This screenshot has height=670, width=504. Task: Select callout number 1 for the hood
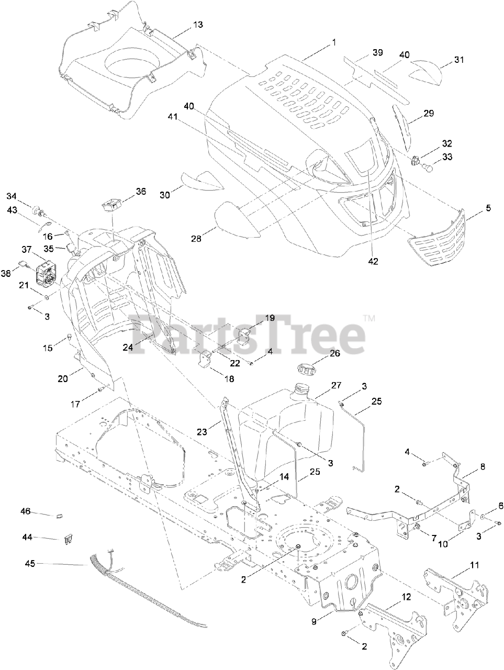333,42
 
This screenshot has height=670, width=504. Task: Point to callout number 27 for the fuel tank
335,386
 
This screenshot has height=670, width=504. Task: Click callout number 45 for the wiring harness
30,563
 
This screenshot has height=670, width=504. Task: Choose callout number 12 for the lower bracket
406,597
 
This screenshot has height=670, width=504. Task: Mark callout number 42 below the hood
373,260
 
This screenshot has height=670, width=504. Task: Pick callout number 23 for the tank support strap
202,432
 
